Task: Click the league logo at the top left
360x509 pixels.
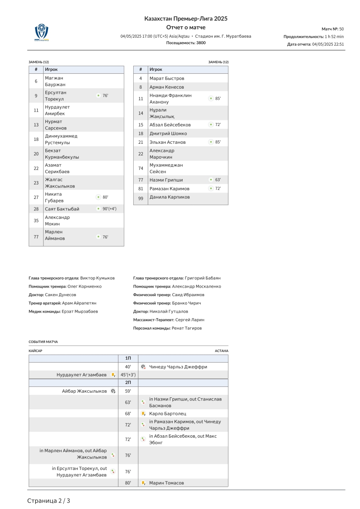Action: pos(42,32)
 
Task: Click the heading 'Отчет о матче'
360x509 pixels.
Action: pos(186,28)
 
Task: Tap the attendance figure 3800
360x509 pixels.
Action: pos(201,43)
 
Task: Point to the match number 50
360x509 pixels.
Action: pos(341,29)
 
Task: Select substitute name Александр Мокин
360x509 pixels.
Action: pos(57,221)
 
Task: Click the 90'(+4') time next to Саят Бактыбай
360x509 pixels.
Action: pos(109,209)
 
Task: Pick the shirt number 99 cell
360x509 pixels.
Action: pos(141,198)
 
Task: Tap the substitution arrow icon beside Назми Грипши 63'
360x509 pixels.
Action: pos(211,180)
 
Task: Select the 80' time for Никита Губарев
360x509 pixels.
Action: pos(105,197)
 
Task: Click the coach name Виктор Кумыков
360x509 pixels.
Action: pos(97,278)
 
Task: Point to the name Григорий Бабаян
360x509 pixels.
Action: pos(202,278)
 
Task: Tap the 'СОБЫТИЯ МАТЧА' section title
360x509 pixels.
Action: pos(43,341)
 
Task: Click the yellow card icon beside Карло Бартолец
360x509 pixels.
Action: pos(143,414)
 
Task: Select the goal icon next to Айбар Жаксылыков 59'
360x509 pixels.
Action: pos(113,391)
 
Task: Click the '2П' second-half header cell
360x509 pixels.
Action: pos(128,383)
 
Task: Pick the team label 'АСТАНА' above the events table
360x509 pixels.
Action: pos(221,351)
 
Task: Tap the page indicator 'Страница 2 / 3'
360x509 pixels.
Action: pos(49,501)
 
